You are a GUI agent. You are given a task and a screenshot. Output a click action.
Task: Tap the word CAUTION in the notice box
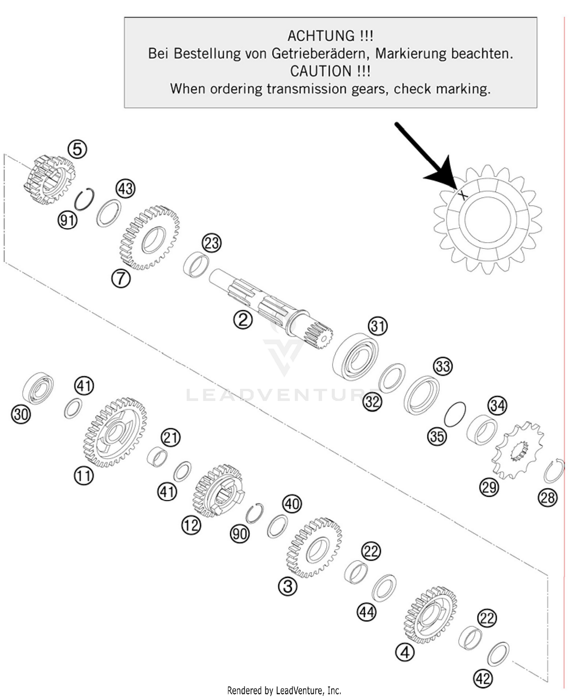[x=321, y=71]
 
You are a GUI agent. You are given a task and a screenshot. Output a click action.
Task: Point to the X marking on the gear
[x=462, y=195]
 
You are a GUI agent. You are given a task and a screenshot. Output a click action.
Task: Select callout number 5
[x=77, y=149]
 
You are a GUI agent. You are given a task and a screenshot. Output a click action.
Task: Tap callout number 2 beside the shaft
[x=243, y=320]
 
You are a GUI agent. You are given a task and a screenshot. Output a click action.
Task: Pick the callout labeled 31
[x=378, y=326]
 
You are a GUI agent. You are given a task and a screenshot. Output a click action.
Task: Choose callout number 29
[x=489, y=486]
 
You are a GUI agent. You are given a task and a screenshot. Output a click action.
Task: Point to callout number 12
[x=191, y=525]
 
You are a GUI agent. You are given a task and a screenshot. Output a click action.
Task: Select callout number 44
[x=366, y=612]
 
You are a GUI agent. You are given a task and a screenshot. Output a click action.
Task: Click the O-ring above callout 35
[x=455, y=414]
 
